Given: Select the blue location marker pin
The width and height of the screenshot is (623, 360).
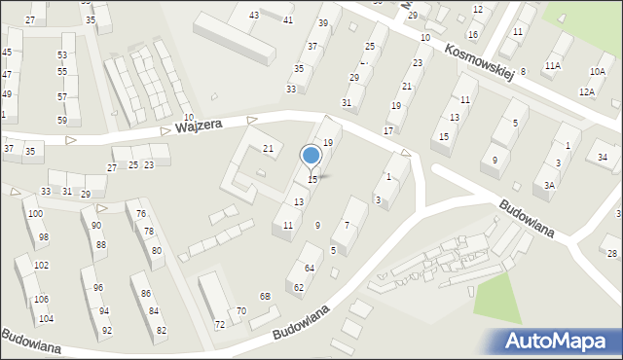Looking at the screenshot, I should (x=311, y=157).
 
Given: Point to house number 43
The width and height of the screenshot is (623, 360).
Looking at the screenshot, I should (x=254, y=15).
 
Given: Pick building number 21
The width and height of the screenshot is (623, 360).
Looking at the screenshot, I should (x=269, y=148).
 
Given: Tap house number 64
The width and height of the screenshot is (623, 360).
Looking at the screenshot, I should (x=311, y=268).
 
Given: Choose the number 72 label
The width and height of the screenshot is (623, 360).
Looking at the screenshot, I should (x=220, y=324).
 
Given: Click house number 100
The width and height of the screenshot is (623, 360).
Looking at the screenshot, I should (x=35, y=213).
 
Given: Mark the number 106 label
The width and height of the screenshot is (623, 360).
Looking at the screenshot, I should (x=41, y=299).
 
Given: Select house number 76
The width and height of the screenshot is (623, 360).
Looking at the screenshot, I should (x=141, y=214).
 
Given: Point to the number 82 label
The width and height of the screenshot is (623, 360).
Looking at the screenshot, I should (x=161, y=331).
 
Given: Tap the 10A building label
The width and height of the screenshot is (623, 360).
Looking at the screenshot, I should (x=597, y=72).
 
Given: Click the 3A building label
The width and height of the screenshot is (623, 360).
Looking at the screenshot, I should (x=550, y=185).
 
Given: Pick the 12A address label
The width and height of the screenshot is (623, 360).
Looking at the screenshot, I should (x=586, y=91).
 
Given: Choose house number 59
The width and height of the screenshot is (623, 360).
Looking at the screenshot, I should (x=62, y=121).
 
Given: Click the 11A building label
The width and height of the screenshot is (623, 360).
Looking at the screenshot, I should (x=553, y=65).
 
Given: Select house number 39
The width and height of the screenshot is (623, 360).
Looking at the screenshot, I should (x=323, y=22).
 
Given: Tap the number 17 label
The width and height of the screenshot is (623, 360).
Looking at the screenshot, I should (x=388, y=130).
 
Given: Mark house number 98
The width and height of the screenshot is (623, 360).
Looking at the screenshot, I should (x=43, y=237).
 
